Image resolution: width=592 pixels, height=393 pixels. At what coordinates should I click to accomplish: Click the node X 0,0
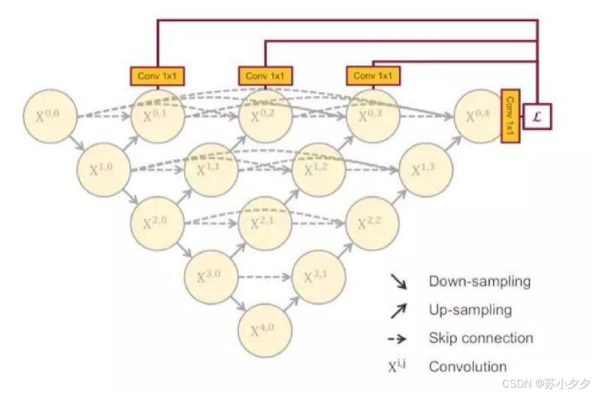(50, 116)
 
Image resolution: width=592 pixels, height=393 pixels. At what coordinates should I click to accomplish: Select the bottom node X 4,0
(265, 331)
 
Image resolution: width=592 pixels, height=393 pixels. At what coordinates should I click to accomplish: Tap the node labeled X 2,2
(373, 223)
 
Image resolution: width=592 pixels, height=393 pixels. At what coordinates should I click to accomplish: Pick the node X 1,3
(426, 170)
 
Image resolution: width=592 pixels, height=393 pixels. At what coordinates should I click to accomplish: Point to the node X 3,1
(319, 277)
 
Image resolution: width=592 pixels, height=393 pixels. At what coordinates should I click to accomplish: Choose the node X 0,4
(480, 116)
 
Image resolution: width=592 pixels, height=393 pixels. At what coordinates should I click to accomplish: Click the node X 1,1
(211, 170)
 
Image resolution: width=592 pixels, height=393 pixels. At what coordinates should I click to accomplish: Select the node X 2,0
(158, 223)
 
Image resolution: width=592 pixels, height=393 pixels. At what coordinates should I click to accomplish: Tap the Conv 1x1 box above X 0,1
(158, 76)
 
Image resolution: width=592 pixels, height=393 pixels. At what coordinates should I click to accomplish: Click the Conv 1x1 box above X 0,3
(373, 76)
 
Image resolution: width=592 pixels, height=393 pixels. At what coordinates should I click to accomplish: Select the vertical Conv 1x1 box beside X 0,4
(510, 116)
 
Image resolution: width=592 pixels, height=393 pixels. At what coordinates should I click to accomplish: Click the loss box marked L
(538, 117)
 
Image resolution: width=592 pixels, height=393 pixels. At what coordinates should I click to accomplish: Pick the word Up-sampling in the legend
(470, 310)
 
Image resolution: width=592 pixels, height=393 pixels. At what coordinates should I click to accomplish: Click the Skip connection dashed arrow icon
(397, 339)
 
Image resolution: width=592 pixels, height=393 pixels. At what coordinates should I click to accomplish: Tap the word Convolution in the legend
(468, 367)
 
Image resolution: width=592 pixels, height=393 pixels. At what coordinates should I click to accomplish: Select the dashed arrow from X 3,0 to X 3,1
(266, 277)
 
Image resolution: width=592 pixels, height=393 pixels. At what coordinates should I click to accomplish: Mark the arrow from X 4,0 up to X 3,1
(292, 304)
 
